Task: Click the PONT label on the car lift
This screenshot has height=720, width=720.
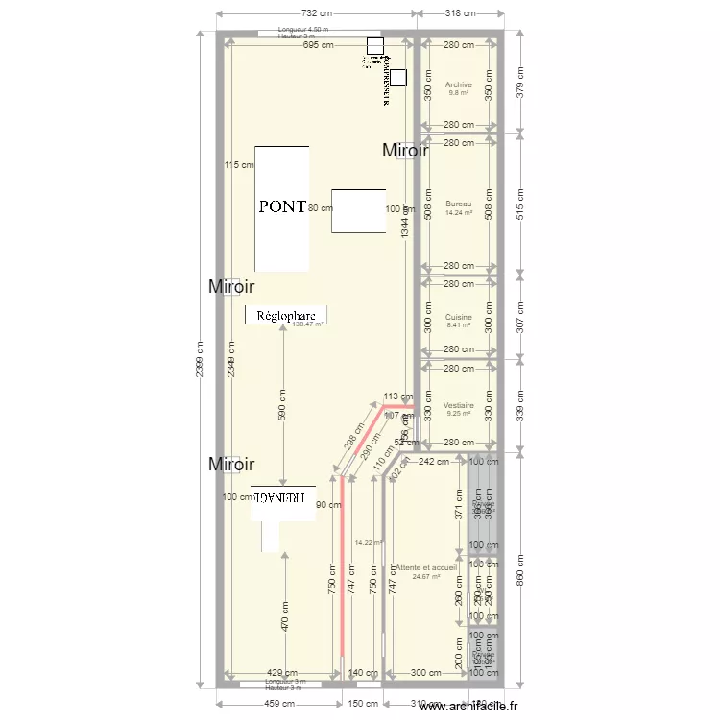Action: (x=282, y=206)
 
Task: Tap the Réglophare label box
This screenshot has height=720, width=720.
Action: (x=286, y=314)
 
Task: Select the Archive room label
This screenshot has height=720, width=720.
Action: (x=459, y=84)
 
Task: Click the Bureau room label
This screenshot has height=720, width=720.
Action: (x=459, y=204)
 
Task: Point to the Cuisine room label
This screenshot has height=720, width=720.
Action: (x=459, y=317)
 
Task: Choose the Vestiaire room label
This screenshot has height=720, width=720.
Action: (x=459, y=406)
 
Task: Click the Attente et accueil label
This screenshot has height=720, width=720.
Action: (x=426, y=568)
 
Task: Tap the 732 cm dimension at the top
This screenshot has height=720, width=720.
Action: (x=317, y=13)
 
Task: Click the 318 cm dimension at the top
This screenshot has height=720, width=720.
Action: (x=462, y=13)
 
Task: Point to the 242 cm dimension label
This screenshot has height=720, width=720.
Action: (x=435, y=462)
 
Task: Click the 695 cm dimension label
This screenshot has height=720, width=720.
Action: (x=317, y=45)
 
